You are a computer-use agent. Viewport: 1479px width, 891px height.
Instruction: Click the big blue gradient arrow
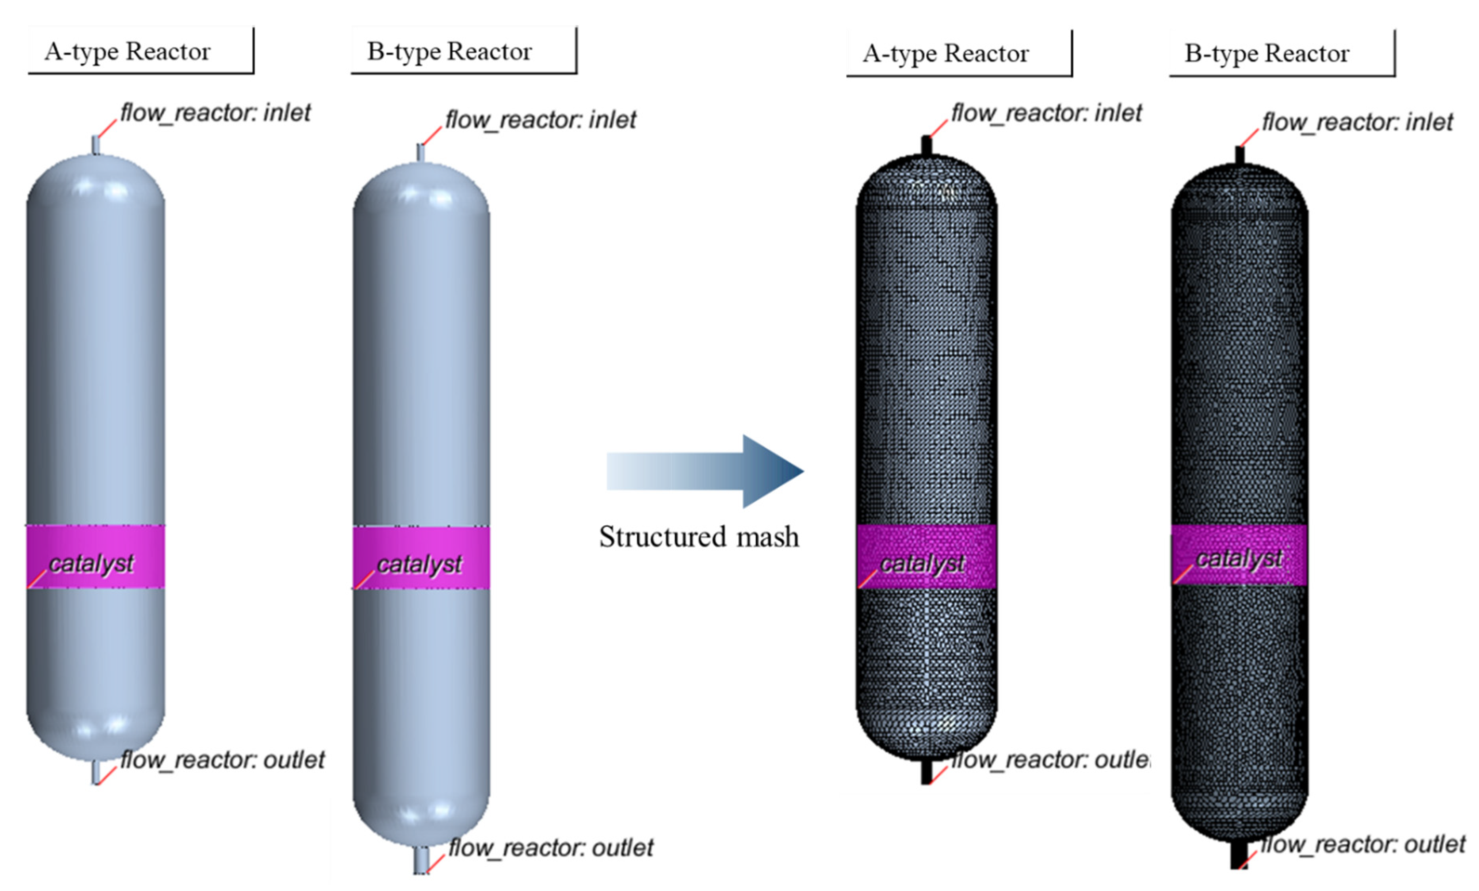pos(705,471)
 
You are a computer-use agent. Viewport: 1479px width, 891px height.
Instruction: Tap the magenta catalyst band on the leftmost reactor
pos(96,556)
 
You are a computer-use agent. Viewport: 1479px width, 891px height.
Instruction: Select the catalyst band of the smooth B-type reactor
pos(421,557)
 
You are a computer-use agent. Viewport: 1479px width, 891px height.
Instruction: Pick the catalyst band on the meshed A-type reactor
pos(926,556)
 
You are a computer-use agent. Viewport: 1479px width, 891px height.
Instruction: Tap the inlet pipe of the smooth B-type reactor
pos(421,153)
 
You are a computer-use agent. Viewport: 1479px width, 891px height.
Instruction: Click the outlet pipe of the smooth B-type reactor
pos(421,860)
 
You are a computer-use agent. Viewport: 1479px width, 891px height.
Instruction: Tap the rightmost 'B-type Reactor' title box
pos(1282,53)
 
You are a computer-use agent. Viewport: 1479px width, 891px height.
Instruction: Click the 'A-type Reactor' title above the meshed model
pos(959,53)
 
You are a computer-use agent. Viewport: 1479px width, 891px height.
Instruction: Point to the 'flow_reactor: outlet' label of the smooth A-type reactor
pos(222,760)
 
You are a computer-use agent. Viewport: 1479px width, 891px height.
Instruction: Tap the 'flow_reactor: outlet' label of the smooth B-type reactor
pos(550,848)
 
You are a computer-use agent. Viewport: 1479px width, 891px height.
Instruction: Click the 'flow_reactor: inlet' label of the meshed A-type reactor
pos(1046,113)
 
